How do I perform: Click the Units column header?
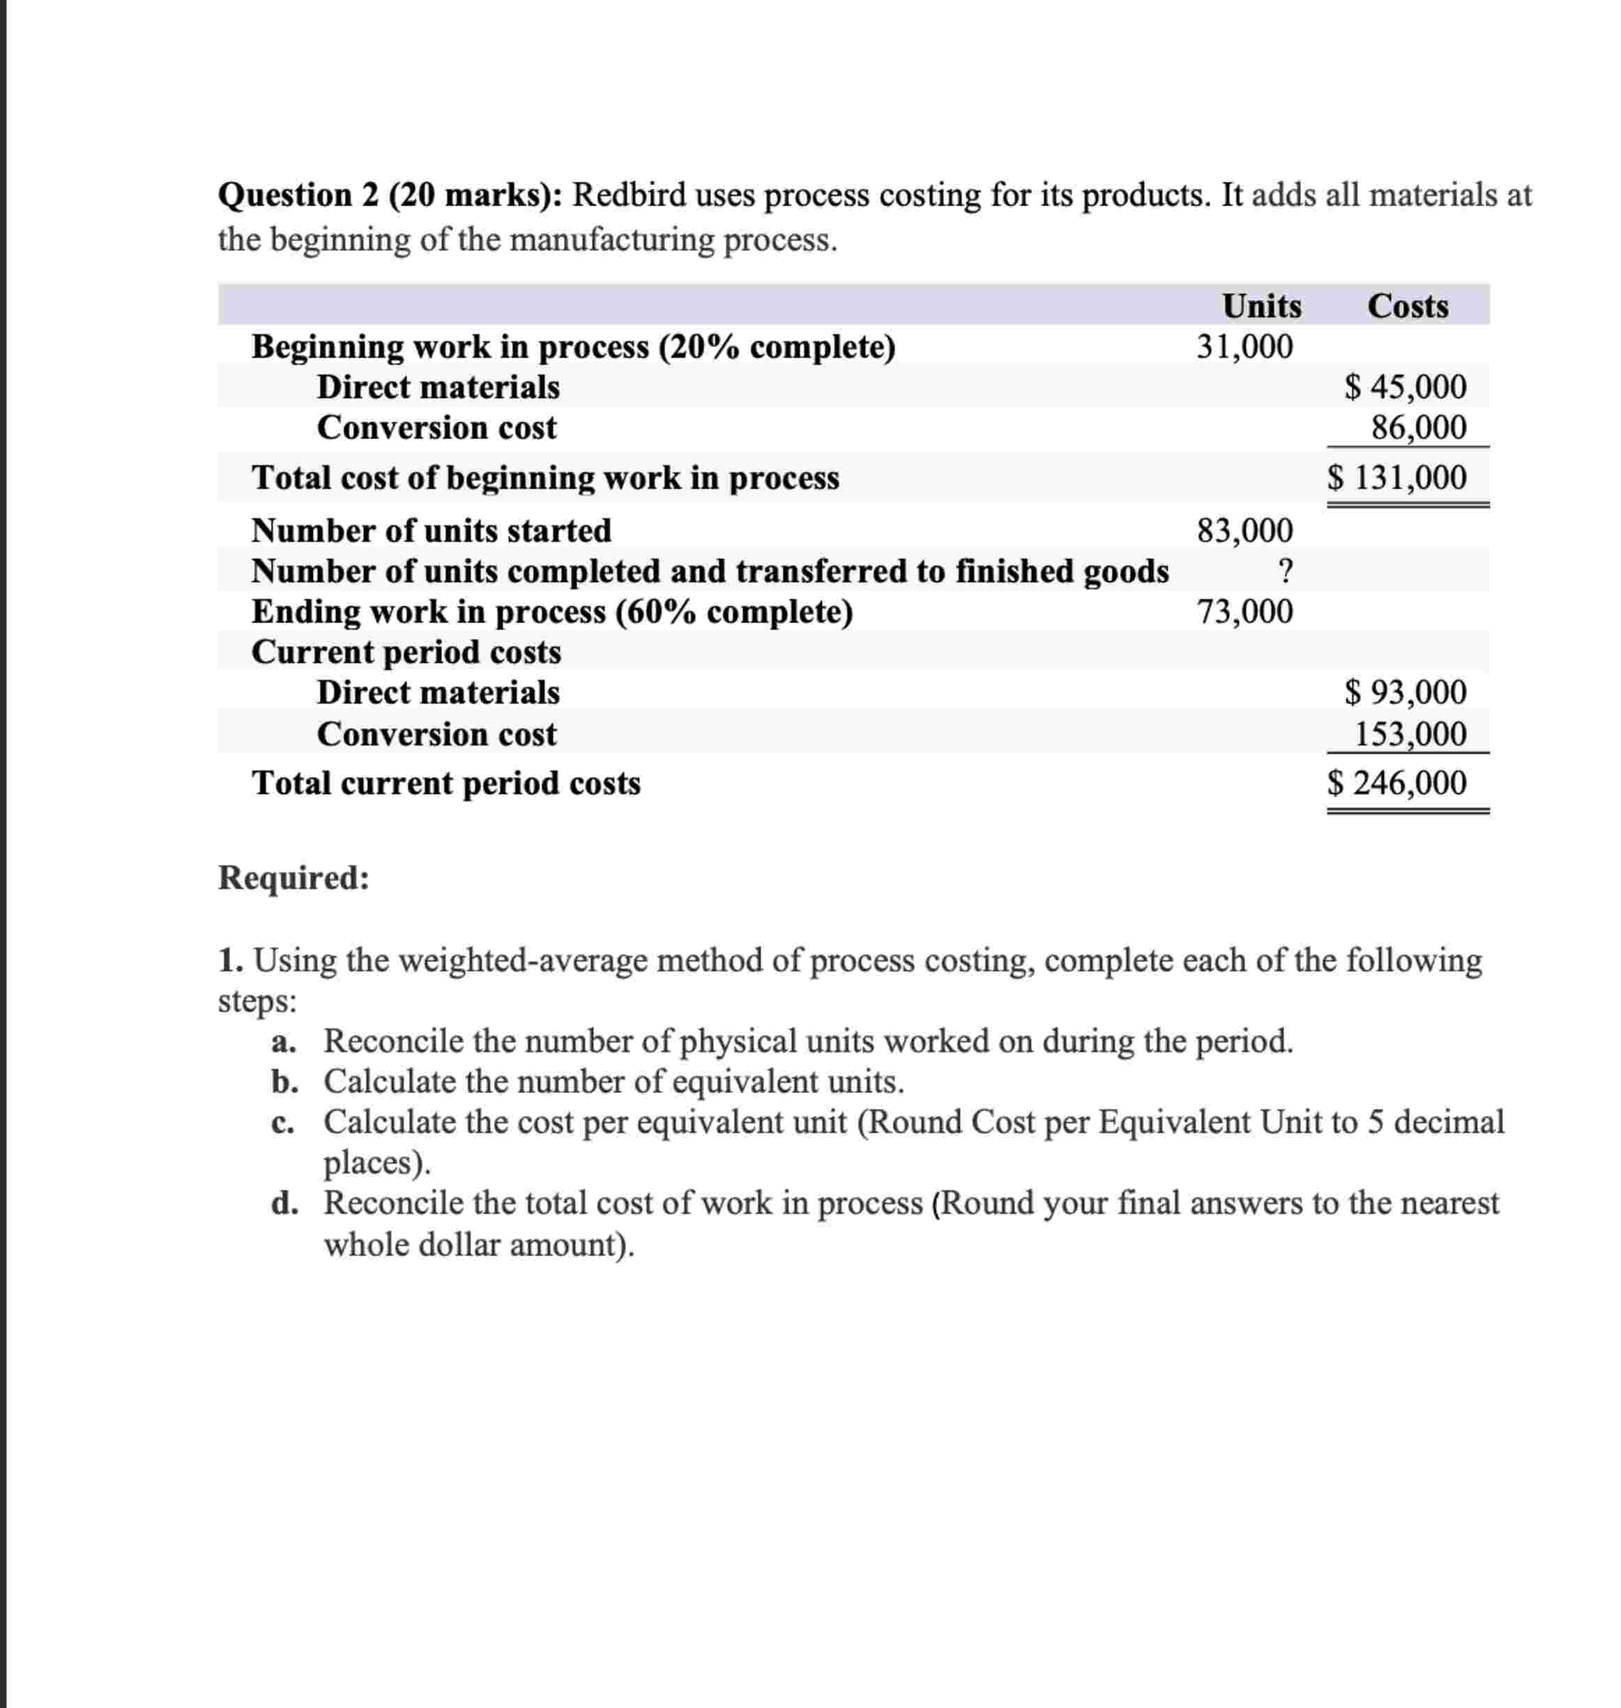(1261, 306)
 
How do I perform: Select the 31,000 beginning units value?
(1245, 346)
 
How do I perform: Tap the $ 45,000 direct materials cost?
(1406, 387)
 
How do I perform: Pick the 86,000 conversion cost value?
(1418, 427)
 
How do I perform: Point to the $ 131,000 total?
(1397, 477)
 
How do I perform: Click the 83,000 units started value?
(1245, 530)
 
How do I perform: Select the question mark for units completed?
(1285, 570)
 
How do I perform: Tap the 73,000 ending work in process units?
(1245, 611)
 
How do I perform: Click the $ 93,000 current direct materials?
(1406, 692)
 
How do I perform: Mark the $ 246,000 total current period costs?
(1397, 783)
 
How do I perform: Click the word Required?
(293, 877)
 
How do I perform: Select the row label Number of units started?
(431, 531)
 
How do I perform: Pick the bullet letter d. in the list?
(284, 1203)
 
